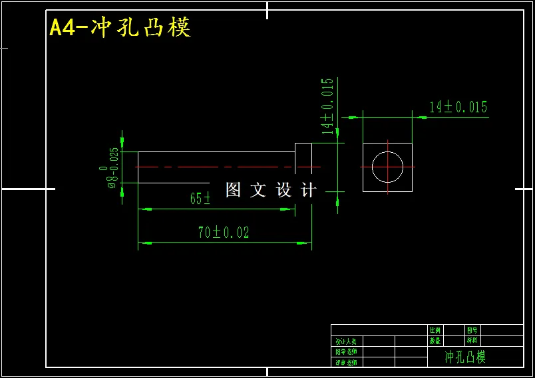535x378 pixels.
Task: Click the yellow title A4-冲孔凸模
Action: (x=120, y=28)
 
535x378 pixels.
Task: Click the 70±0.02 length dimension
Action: (x=224, y=233)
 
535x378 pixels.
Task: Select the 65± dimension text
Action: (x=200, y=199)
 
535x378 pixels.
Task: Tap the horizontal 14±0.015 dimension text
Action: (x=458, y=107)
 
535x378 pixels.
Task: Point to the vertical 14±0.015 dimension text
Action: (x=327, y=106)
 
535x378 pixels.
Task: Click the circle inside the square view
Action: (x=387, y=166)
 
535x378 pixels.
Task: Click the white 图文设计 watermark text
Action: (x=271, y=190)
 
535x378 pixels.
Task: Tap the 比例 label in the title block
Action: (x=435, y=330)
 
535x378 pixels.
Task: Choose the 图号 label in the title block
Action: (x=472, y=330)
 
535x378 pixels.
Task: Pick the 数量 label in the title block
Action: (x=435, y=341)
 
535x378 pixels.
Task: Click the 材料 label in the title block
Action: (x=472, y=341)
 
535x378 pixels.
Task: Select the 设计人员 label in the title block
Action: (x=346, y=341)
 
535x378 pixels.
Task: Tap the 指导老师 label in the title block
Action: (x=346, y=351)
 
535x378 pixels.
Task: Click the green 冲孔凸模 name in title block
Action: (x=466, y=357)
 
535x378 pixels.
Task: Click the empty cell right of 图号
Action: (x=502, y=330)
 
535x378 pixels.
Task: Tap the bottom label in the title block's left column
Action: (x=346, y=362)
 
